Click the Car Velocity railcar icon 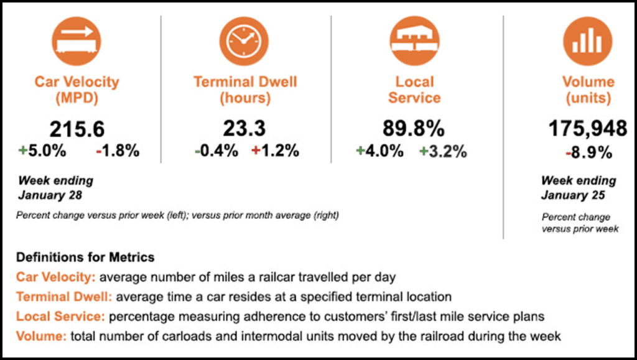point(77,42)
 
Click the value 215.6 point(77,129)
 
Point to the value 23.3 point(244,129)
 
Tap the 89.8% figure point(414,129)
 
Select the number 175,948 point(587,129)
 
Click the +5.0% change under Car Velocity point(42,151)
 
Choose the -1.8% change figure point(118,151)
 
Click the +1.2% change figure point(275,151)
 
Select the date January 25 point(569,195)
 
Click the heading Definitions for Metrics point(85,257)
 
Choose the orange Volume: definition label point(42,336)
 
